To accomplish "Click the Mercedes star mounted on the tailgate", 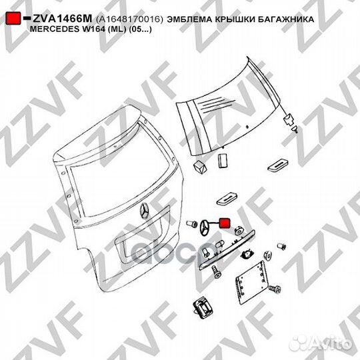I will pyautogui.click(x=145, y=213).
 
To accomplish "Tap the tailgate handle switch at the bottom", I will pyautogui.click(x=199, y=308).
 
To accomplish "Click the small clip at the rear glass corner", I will pyautogui.click(x=289, y=121).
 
